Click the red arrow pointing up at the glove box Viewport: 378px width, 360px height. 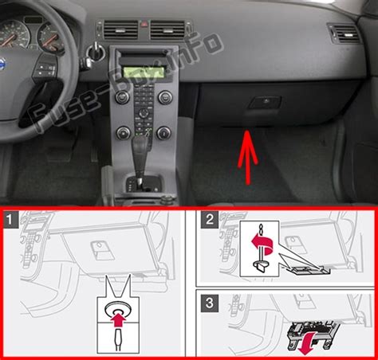coord(248,157)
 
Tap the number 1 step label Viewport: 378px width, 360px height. coord(10,219)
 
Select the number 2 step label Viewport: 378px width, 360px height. coord(210,219)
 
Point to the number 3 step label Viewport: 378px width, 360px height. coord(210,303)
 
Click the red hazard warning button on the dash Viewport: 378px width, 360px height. coord(144,25)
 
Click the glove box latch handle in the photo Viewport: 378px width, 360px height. coord(265,103)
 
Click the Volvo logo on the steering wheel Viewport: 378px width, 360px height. coord(2,65)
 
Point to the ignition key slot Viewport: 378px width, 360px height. coord(95,52)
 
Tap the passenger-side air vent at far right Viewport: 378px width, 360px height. coord(344,33)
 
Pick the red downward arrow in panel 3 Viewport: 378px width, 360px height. coord(306,343)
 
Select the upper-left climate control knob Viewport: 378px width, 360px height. coord(123,97)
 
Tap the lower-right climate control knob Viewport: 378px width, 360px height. coord(163,132)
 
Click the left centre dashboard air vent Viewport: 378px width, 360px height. coord(120,29)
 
